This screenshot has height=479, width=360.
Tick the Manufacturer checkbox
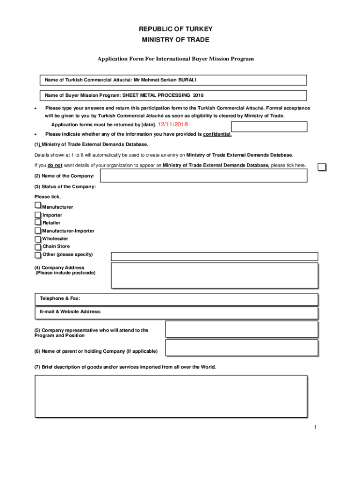click(x=37, y=206)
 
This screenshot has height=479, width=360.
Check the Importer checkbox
click(x=38, y=215)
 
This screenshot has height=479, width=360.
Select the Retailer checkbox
click(x=38, y=222)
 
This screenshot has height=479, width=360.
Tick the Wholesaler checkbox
click(x=38, y=239)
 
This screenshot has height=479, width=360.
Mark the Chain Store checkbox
click(x=38, y=247)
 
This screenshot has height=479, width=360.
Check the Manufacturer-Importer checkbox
click(x=38, y=231)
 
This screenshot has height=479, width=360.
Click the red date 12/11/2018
click(x=173, y=124)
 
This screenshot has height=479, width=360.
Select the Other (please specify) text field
click(x=214, y=256)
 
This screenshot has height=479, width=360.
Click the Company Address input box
click(x=214, y=275)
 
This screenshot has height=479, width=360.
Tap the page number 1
click(x=316, y=428)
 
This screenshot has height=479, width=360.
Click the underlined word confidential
click(x=217, y=134)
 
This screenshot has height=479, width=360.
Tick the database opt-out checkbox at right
click(x=322, y=167)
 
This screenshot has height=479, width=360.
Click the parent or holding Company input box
click(x=242, y=348)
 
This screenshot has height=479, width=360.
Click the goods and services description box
click(x=171, y=396)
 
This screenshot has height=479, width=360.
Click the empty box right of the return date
click(x=269, y=127)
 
